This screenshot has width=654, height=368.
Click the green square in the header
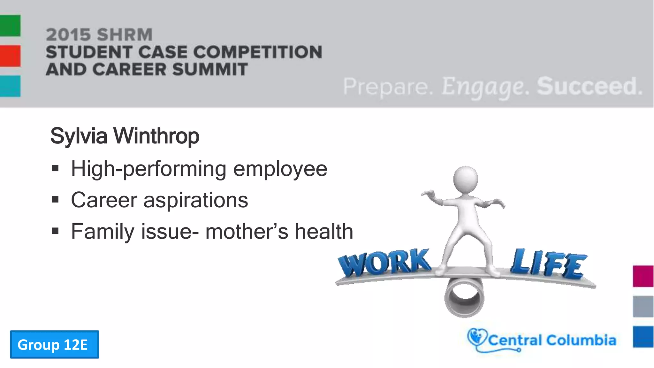point(10,25)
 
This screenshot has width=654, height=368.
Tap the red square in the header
point(10,56)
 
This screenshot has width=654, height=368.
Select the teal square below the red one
point(10,86)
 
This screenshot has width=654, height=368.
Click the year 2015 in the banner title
point(68,34)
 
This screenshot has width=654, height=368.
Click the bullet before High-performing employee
point(55,168)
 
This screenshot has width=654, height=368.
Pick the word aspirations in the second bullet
point(195,200)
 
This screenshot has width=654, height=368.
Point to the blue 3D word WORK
point(385,263)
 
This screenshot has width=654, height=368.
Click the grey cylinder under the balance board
point(464,297)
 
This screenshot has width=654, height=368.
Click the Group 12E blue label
point(54,344)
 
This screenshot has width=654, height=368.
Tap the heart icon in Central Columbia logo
point(476,337)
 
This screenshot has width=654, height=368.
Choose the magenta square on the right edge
point(643,276)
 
